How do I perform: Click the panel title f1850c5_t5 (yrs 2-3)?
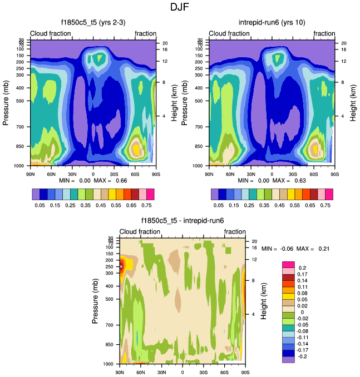click(93, 22)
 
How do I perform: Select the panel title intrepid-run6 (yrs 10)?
click(271, 22)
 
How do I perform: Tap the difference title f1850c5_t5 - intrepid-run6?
click(183, 220)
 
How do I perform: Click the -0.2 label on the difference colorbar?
click(303, 360)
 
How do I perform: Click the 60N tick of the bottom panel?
click(141, 373)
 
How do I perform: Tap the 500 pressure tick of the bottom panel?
click(109, 299)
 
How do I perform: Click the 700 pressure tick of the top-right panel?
click(199, 127)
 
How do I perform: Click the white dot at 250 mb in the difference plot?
click(122, 266)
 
